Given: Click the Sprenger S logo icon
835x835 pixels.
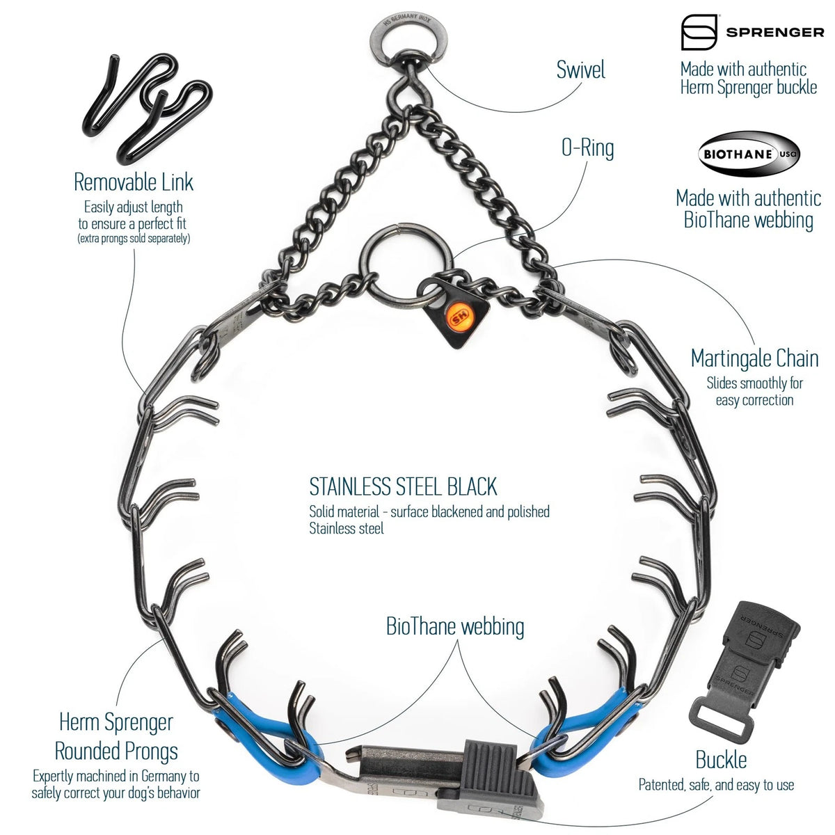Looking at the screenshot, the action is [x=699, y=32].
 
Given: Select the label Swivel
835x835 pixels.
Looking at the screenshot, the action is [x=580, y=70].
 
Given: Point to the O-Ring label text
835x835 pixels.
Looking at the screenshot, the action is [x=587, y=148].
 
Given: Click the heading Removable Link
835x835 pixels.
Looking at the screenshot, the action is [x=134, y=182].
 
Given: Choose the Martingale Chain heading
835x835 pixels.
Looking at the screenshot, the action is [x=754, y=359].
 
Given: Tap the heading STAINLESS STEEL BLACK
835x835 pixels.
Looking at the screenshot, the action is [x=403, y=486].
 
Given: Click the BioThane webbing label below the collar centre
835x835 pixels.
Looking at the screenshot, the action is [x=455, y=627].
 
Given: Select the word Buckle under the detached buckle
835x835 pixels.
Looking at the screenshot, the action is [x=721, y=760].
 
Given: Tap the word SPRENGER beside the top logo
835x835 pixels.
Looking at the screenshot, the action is [x=775, y=33].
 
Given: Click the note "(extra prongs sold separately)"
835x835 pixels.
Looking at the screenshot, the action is [x=134, y=239].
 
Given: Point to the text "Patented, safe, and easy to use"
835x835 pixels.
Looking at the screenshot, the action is [x=716, y=785].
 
